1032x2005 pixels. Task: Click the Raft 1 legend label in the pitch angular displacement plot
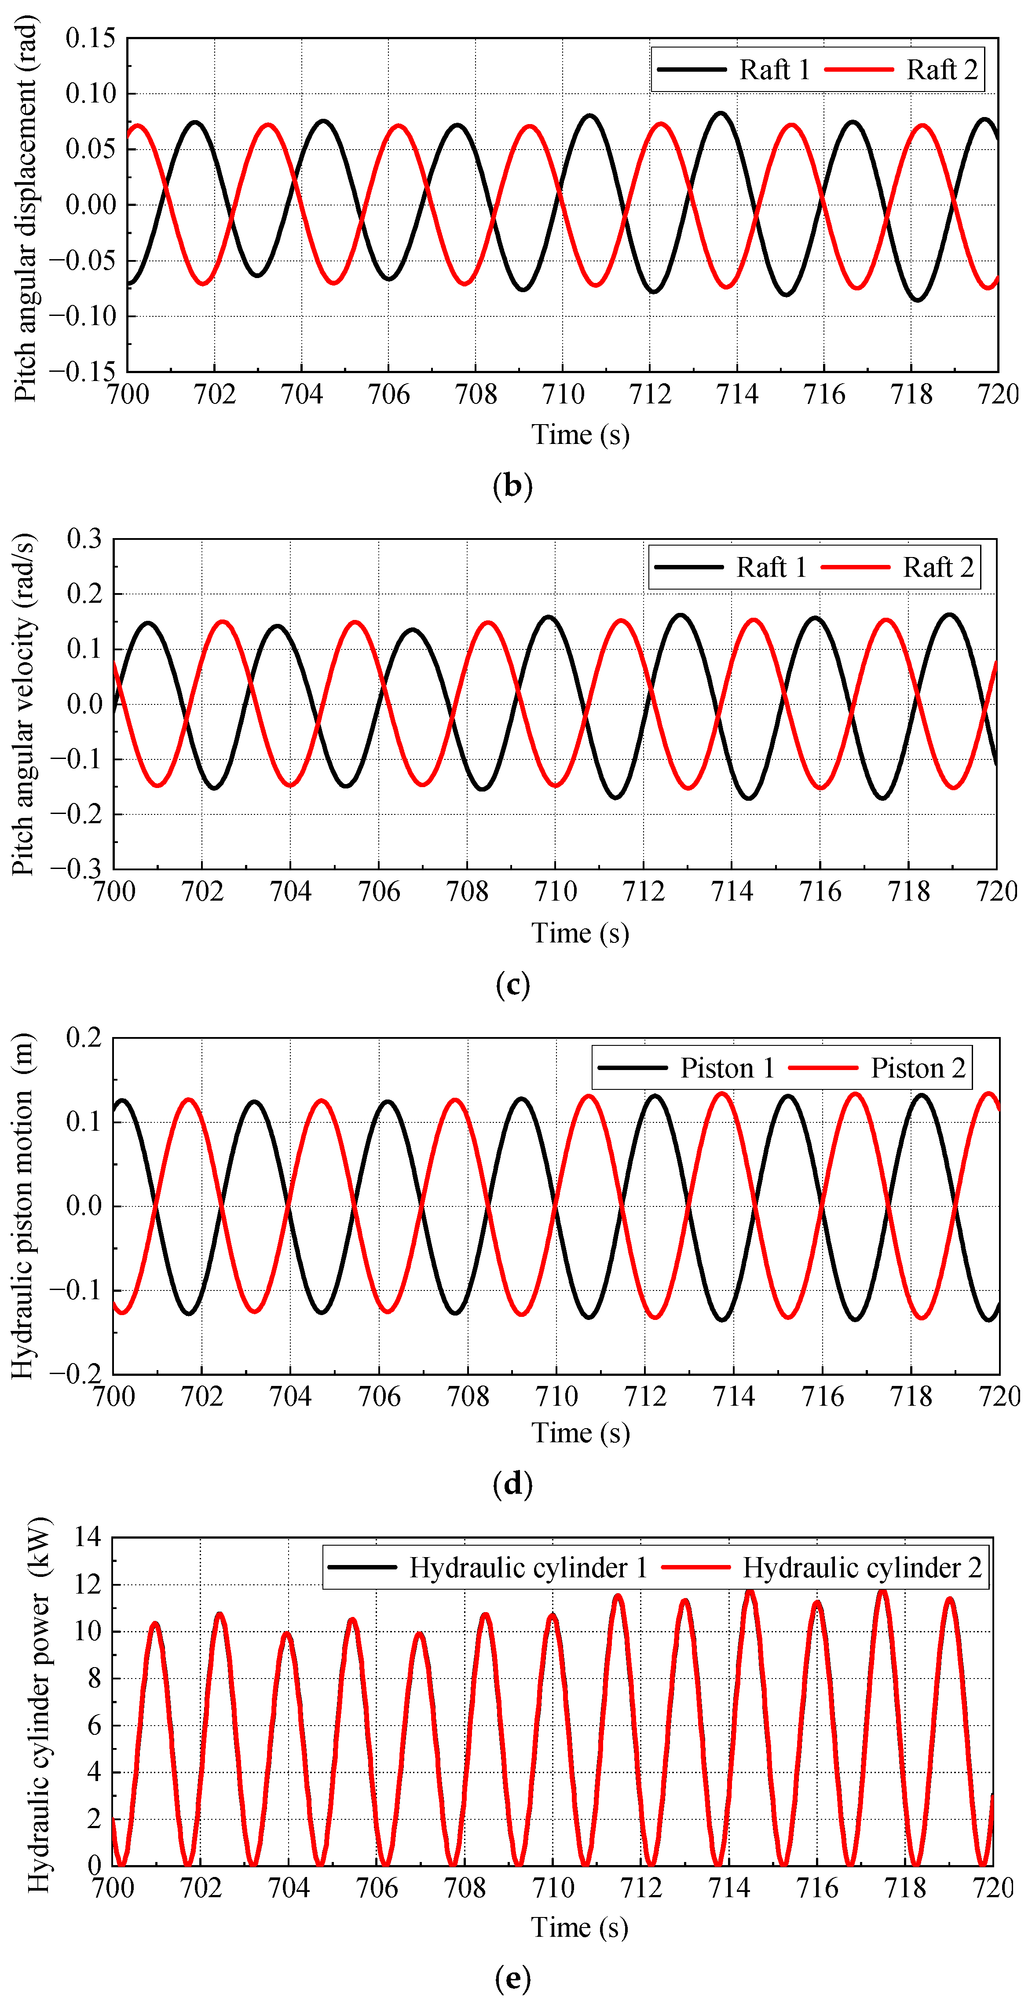point(774,70)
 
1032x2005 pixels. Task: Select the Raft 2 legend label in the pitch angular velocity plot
point(938,568)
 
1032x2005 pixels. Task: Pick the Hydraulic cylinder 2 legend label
point(862,1568)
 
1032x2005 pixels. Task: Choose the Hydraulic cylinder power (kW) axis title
point(39,1704)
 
